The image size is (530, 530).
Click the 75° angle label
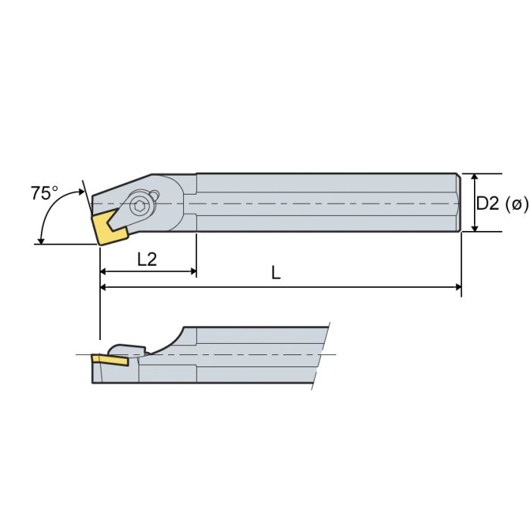pos(44,193)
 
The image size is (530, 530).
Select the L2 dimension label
pos(147,259)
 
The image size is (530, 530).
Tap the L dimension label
pos(276,274)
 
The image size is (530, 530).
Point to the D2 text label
pos(489,203)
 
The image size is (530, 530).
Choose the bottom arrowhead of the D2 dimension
pos(475,226)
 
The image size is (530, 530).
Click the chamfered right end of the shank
pos(458,202)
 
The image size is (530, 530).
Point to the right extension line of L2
pos(196,254)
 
